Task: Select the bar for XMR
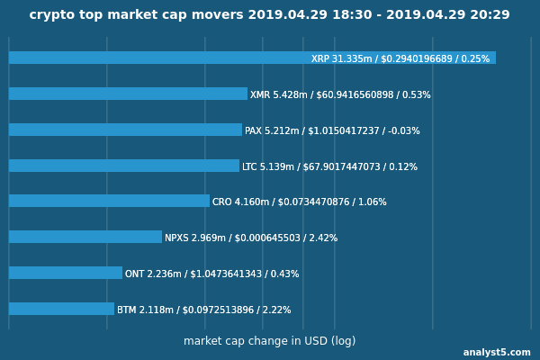[128, 94]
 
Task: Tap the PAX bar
[125, 130]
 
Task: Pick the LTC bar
[124, 166]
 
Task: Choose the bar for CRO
[109, 201]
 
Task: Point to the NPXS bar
[85, 237]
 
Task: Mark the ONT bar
[66, 273]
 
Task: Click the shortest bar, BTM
[61, 309]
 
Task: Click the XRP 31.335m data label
[400, 58]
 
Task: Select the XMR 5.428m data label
[340, 94]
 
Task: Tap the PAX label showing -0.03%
[332, 130]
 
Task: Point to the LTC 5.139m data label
[329, 166]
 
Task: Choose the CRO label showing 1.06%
[300, 202]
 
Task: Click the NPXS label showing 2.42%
[251, 238]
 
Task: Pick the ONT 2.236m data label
[211, 274]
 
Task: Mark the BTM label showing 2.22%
[203, 310]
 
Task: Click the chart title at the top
[269, 15]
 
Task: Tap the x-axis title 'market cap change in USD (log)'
[269, 341]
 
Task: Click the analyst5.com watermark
[497, 353]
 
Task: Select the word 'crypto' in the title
[49, 15]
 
